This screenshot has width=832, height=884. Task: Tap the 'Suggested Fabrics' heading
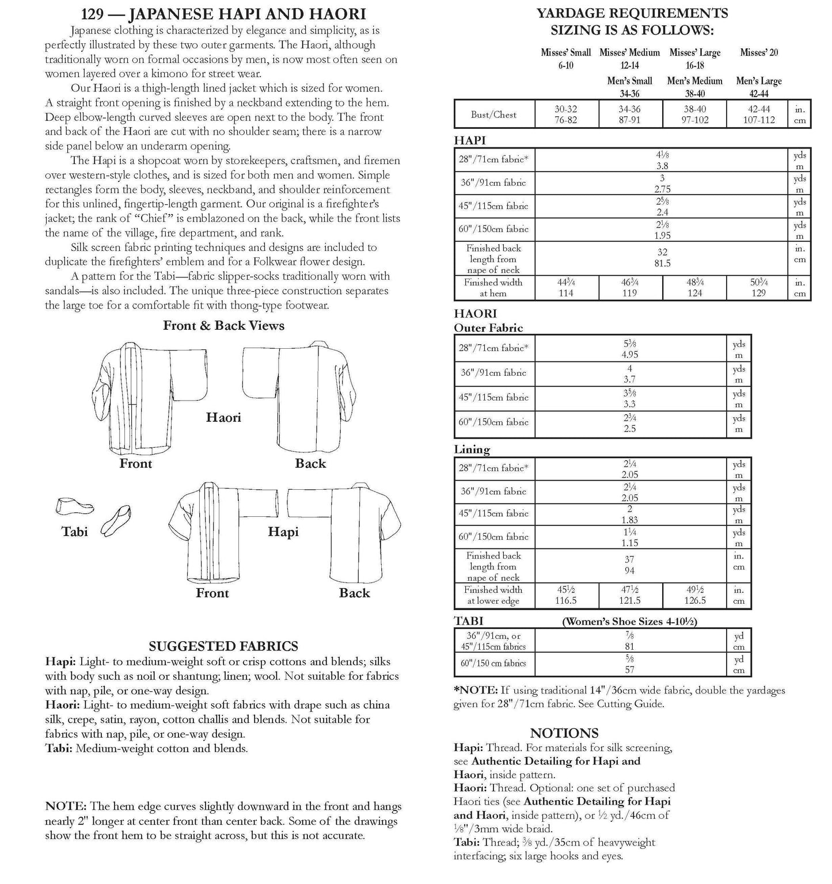point(223,646)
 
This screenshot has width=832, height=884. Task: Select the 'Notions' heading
point(564,733)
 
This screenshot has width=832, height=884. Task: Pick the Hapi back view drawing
point(344,532)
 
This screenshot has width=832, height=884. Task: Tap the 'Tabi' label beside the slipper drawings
point(75,531)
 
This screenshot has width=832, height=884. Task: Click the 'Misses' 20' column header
point(758,52)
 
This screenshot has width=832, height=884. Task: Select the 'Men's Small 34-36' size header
point(629,87)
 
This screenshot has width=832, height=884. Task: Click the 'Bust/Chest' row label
point(493,114)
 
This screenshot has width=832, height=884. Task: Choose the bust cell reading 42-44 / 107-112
point(758,114)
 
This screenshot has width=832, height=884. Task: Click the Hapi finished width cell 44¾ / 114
point(566,288)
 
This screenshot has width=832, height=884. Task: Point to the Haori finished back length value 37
point(629,559)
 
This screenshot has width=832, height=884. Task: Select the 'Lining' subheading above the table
point(472,449)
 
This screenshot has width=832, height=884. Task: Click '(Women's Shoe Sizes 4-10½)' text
point(629,622)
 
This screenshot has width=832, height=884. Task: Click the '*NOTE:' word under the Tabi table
point(476,689)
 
